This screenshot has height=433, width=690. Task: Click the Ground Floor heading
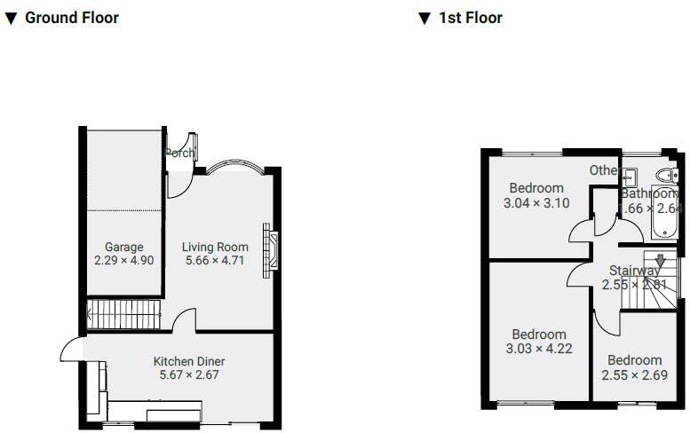click(71, 18)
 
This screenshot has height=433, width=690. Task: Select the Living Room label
click(213, 247)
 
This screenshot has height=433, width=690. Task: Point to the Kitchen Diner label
click(189, 361)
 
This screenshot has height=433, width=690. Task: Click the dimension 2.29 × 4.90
click(124, 261)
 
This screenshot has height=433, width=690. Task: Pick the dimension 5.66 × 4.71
click(213, 261)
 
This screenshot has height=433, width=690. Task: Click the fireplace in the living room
click(270, 251)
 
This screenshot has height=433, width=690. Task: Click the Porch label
click(180, 153)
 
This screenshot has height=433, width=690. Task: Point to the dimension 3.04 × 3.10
click(536, 202)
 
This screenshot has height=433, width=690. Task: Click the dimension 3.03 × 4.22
click(539, 348)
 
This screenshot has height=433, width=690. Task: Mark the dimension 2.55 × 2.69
click(634, 374)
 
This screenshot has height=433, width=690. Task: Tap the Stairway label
click(634, 271)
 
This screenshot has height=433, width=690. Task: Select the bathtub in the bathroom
click(664, 212)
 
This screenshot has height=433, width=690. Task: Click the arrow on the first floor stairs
click(660, 261)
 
